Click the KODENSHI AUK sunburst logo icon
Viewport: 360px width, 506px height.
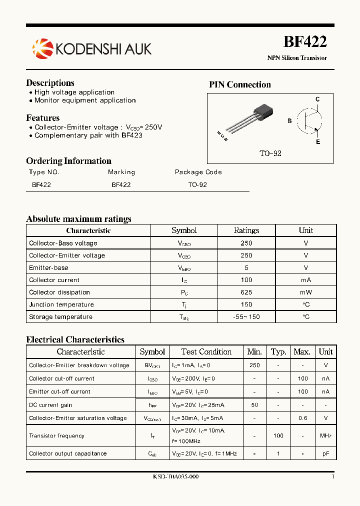pyautogui.click(x=42, y=48)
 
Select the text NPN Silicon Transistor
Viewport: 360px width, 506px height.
pyautogui.click(x=297, y=58)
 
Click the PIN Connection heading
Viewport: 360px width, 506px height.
pyautogui.click(x=239, y=84)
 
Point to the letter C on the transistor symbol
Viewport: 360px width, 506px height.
pyautogui.click(x=317, y=99)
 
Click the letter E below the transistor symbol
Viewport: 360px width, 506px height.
pyautogui.click(x=317, y=142)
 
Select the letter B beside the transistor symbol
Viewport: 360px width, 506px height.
pyautogui.click(x=289, y=121)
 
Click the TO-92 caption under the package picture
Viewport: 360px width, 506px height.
pyautogui.click(x=270, y=153)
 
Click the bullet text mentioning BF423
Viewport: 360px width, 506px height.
pyautogui.click(x=88, y=135)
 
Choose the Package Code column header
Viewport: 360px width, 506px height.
pyautogui.click(x=198, y=172)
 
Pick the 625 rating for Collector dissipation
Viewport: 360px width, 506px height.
pyautogui.click(x=246, y=292)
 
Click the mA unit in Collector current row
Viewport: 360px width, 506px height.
pyautogui.click(x=305, y=280)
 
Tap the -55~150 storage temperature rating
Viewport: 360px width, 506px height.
pyautogui.click(x=246, y=317)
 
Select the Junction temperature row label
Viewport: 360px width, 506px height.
pyautogui.click(x=61, y=304)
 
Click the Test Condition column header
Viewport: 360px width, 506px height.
pyautogui.click(x=206, y=352)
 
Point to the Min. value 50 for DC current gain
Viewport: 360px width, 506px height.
pyautogui.click(x=254, y=405)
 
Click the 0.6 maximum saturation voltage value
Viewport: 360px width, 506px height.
pyautogui.click(x=302, y=418)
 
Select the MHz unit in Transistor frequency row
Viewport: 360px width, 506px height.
pyautogui.click(x=326, y=436)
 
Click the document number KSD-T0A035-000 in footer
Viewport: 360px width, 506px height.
pyautogui.click(x=175, y=477)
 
